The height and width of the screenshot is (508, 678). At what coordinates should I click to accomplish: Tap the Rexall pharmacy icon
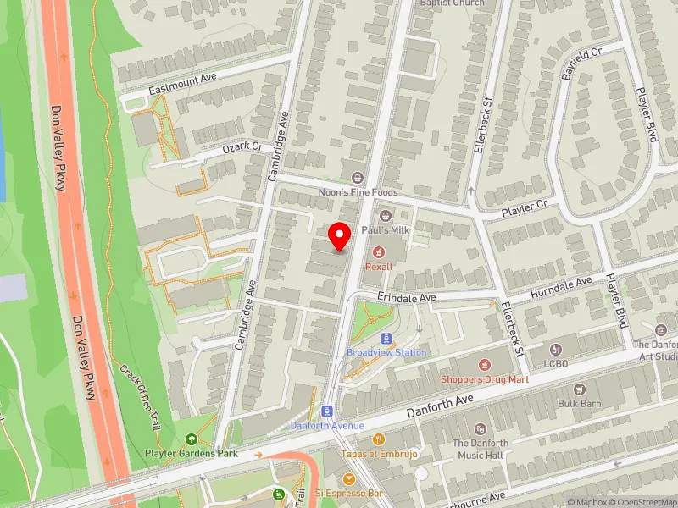coord(379,251)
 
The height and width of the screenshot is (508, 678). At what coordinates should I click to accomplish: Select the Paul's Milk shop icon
coord(386,216)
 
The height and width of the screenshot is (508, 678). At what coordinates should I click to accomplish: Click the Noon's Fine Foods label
coord(357,192)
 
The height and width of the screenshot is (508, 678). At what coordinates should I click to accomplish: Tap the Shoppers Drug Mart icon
coord(485,365)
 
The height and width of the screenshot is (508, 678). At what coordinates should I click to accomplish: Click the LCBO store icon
coord(556,350)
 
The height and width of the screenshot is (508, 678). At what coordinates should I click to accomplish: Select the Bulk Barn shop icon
coord(580,389)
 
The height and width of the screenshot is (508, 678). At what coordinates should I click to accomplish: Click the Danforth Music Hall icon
coord(481,429)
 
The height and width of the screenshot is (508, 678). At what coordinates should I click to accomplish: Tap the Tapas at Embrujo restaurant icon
coord(378,439)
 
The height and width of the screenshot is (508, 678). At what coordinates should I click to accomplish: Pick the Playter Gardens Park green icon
coord(192,439)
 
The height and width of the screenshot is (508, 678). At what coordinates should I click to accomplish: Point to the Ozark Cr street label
coord(243,147)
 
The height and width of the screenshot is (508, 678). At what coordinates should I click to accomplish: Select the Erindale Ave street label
coord(407,298)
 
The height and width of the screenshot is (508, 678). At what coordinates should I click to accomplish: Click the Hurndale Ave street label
coord(561,286)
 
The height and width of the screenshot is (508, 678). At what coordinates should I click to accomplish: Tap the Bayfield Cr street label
coord(581,63)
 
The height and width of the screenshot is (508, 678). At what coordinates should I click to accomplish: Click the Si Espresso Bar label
coord(350,492)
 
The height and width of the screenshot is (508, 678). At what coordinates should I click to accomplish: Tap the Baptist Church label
coord(453,3)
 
